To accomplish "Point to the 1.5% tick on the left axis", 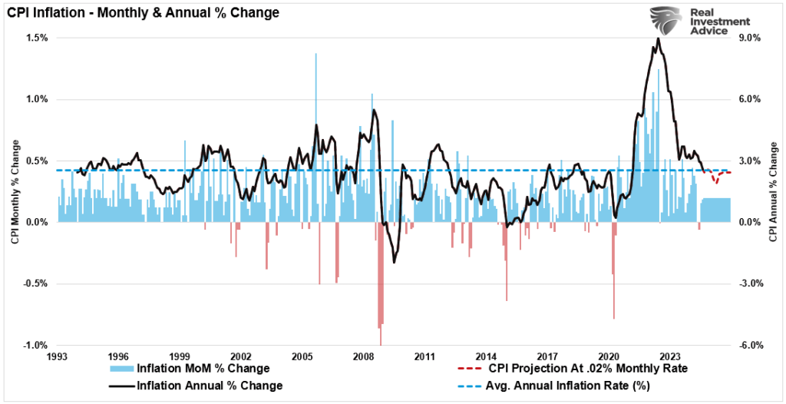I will tap(38, 38).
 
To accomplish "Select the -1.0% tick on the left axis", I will tap(36, 345).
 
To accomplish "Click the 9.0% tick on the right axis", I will tap(748, 38).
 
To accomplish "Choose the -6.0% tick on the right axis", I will tap(749, 345).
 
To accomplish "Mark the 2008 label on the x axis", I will tap(363, 357).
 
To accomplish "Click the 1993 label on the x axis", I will tap(58, 357).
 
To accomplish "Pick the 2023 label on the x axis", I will tap(669, 357).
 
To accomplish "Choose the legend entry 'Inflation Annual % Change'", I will tap(209, 386).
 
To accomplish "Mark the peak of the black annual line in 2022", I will tap(658, 39).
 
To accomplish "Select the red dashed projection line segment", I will tap(718, 177).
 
